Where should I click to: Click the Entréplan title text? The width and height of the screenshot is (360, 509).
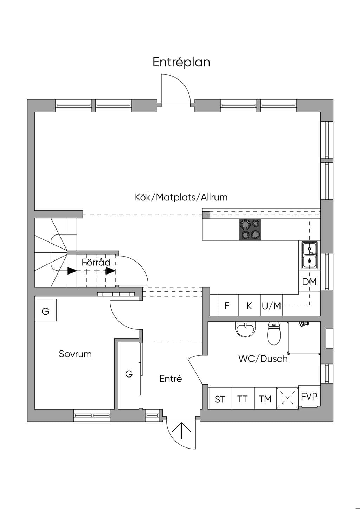click(x=181, y=62)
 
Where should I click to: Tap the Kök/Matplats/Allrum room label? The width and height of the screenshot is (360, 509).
click(x=181, y=197)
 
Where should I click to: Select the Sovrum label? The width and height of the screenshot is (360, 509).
click(x=75, y=354)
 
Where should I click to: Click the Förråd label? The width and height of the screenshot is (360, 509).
click(x=96, y=262)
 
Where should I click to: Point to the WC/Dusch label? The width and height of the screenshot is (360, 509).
click(x=263, y=359)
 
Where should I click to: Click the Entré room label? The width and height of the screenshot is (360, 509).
click(x=171, y=379)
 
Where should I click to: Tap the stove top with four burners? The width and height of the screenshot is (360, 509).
click(x=250, y=230)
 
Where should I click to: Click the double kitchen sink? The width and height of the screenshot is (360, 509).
click(x=309, y=255)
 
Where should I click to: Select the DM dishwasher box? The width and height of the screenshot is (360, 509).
click(x=309, y=282)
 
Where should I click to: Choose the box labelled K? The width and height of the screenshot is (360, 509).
click(x=250, y=305)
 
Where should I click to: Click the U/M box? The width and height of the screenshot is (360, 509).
click(x=271, y=305)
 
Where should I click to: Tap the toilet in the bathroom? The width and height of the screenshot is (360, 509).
click(x=274, y=333)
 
